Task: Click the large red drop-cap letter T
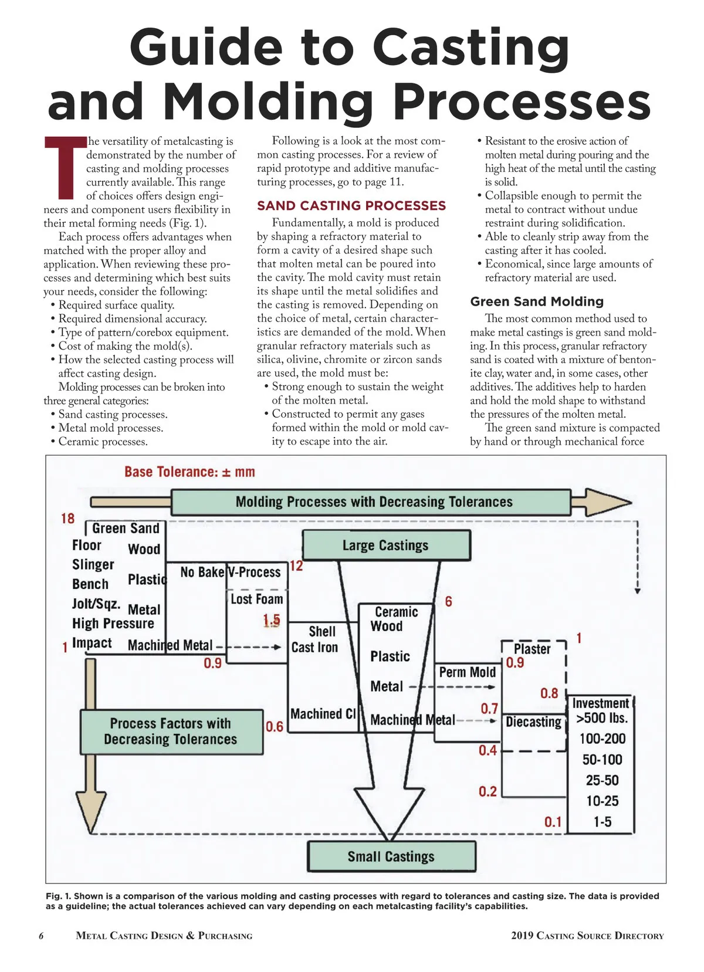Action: (65, 167)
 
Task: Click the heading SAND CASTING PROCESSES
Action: (351, 206)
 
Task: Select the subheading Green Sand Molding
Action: (536, 302)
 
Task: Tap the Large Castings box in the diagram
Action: (385, 546)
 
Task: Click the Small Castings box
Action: (391, 856)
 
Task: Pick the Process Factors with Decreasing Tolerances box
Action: (171, 731)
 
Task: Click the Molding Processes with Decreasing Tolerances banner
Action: (374, 502)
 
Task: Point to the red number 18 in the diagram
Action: (67, 519)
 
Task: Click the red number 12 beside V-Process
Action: (296, 566)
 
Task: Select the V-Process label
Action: (254, 572)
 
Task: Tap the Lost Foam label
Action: (256, 599)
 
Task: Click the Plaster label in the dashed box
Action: (532, 649)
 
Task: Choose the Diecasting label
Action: (533, 722)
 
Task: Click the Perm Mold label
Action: (467, 672)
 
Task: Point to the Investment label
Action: (600, 703)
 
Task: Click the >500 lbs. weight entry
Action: (601, 718)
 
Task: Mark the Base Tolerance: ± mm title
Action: (189, 472)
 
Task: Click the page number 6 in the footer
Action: (41, 936)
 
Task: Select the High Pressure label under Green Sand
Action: (113, 624)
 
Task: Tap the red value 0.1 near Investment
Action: (553, 822)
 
